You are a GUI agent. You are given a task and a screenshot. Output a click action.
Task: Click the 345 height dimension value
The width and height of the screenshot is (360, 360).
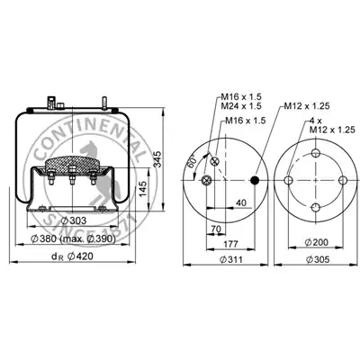157,158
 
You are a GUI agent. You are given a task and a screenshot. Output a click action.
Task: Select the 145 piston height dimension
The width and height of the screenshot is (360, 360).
144,189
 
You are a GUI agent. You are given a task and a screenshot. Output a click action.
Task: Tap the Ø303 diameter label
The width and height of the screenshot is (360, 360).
74,220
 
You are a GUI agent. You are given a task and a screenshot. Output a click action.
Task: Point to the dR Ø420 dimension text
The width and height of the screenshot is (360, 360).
72,256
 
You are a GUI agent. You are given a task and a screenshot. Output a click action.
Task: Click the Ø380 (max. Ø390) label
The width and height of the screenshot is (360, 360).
73,238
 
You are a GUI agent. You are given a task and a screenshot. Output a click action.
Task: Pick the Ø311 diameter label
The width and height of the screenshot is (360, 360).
230,259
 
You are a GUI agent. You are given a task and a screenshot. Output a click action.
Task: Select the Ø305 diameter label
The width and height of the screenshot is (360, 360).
318,259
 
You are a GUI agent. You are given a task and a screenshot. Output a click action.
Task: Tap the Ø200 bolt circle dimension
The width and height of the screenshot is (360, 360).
317,242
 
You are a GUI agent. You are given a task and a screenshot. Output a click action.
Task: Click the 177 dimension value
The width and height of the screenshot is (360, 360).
230,244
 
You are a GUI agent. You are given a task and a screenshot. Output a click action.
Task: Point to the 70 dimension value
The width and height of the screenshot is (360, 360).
216,229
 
